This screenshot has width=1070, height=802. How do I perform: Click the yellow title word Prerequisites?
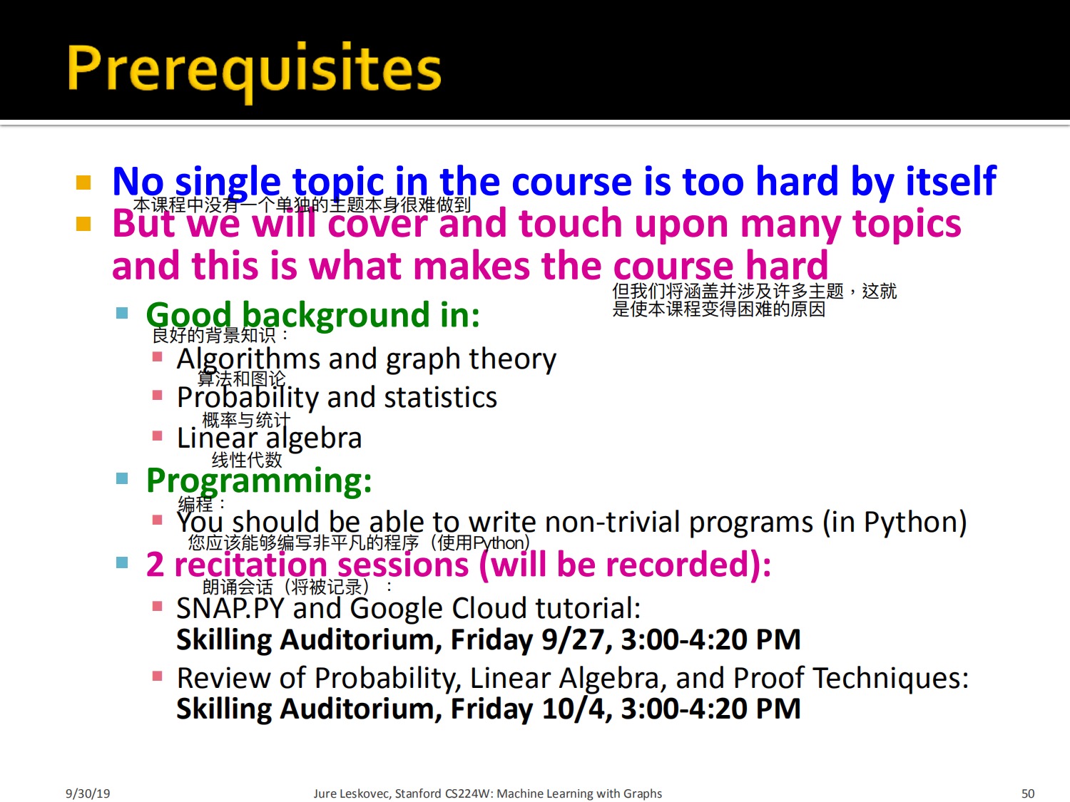(254, 70)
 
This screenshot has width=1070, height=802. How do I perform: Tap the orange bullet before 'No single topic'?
(83, 182)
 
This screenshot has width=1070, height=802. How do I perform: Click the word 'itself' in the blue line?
(951, 180)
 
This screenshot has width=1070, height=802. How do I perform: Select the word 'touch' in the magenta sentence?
(571, 223)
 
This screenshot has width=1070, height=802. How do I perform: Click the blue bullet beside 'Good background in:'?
(122, 313)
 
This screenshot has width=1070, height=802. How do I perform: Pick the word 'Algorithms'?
(248, 359)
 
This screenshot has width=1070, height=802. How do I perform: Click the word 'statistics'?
(440, 397)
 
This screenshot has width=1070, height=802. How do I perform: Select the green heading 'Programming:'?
(259, 481)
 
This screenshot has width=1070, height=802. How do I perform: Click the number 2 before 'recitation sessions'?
(155, 565)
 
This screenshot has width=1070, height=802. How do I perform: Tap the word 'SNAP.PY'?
(230, 608)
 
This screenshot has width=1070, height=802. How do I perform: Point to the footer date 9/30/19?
(88, 793)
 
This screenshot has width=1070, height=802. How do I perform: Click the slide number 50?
(1028, 793)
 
